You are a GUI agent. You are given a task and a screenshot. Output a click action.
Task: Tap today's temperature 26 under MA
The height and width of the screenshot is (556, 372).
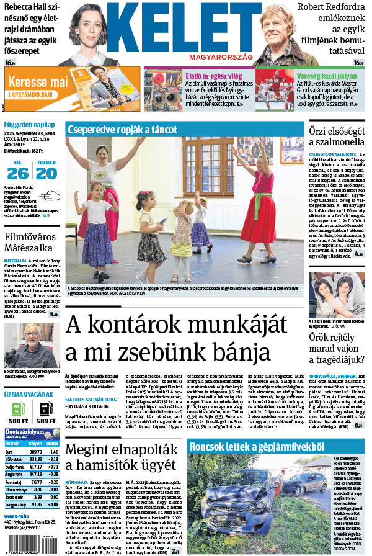click(17, 173)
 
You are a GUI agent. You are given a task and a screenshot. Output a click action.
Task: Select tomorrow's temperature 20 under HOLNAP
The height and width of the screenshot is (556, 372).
click(47, 173)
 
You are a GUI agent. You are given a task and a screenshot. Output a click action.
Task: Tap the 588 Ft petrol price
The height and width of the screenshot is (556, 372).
click(17, 421)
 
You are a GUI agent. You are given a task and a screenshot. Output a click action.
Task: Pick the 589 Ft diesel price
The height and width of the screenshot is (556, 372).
click(46, 421)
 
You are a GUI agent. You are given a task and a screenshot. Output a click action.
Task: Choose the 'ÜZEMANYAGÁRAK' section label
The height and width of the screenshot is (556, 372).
click(29, 394)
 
